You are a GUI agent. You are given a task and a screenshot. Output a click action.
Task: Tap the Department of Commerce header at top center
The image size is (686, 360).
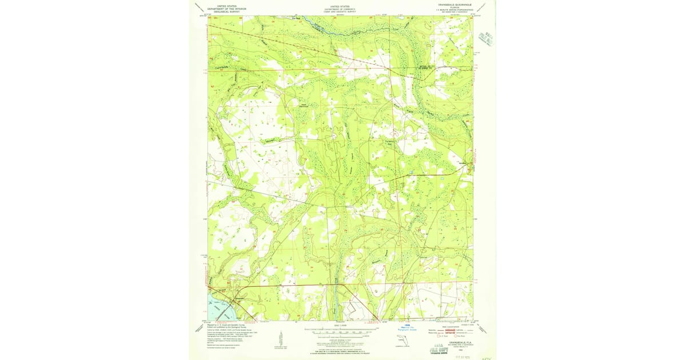[340, 9]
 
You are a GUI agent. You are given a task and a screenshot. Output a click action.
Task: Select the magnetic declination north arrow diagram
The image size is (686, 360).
[280, 337]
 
